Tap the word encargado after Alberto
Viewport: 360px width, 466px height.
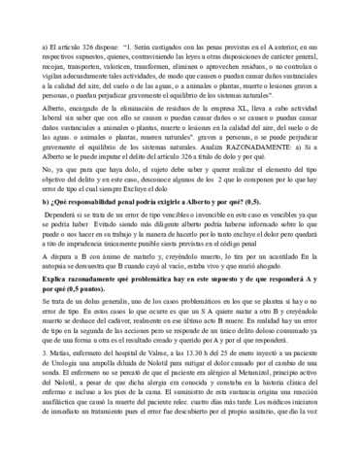(92, 141)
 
